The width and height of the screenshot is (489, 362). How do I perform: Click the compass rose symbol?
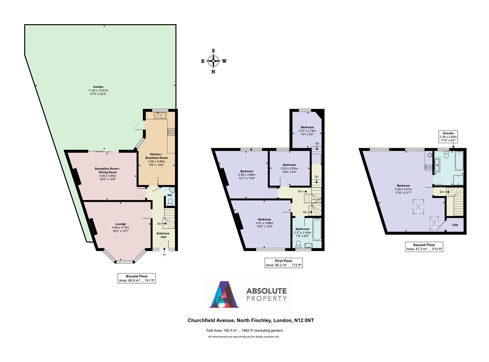pyautogui.click(x=213, y=61)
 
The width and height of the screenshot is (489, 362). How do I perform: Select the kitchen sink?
pyautogui.click(x=161, y=115)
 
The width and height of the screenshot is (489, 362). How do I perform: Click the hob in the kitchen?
pyautogui.click(x=171, y=132)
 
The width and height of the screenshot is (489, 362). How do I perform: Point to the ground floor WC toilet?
pyautogui.click(x=170, y=201)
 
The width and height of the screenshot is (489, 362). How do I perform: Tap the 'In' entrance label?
pyautogui.click(x=164, y=255)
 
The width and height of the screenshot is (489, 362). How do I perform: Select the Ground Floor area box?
pyautogui.click(x=137, y=278)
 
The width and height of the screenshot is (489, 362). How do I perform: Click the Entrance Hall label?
pyautogui.click(x=163, y=235)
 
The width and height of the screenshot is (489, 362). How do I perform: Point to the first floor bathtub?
pyautogui.click(x=317, y=230)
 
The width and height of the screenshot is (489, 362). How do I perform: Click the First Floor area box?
pyautogui.click(x=283, y=263)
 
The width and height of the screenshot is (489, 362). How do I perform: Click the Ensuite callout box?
pyautogui.click(x=448, y=137)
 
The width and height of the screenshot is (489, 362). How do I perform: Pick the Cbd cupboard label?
pyautogui.click(x=455, y=225)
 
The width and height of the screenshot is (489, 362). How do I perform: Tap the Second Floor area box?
pyautogui.click(x=424, y=247)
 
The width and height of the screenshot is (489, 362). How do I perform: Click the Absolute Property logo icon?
pyautogui.click(x=224, y=294)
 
